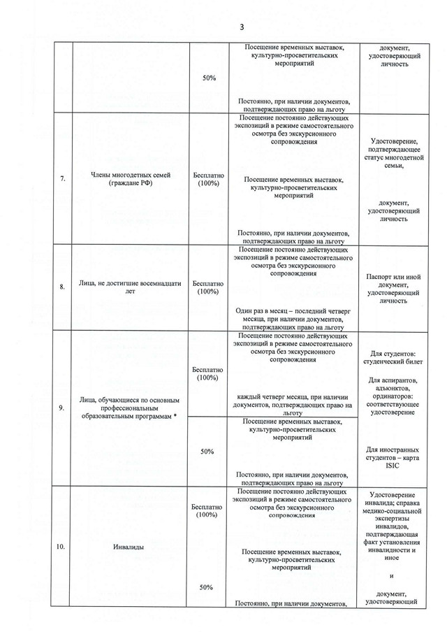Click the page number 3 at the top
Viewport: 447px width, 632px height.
click(242, 27)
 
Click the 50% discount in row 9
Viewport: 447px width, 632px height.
click(208, 452)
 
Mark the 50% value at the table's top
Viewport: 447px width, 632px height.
click(208, 78)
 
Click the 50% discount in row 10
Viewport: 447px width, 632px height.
click(208, 587)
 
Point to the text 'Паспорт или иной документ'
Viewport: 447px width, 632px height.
click(395, 281)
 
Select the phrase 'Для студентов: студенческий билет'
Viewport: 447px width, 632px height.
click(395, 359)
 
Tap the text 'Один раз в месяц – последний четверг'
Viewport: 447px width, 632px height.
click(291, 310)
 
